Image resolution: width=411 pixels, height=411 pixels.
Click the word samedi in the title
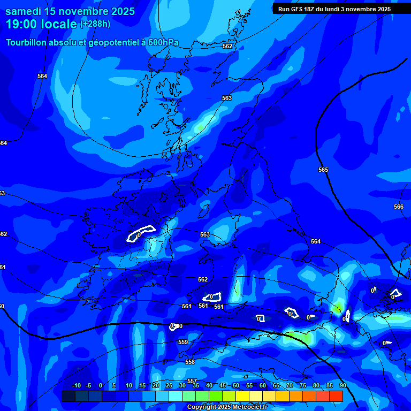tap(24, 11)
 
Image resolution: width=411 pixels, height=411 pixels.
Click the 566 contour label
tap(399, 207)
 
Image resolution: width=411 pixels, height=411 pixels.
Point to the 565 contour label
tap(323, 170)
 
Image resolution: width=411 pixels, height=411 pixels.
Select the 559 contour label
tap(183, 342)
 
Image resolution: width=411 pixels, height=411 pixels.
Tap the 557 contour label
tap(192, 366)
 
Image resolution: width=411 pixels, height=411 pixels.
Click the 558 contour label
tap(190, 362)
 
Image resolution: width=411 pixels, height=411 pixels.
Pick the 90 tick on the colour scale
tap(342, 385)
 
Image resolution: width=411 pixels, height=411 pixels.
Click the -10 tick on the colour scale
tap(76, 385)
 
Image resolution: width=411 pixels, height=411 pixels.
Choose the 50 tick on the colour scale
tap(236, 385)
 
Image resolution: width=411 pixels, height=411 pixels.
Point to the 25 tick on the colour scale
tap(169, 385)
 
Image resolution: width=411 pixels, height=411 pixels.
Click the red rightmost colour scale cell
tap(336, 396)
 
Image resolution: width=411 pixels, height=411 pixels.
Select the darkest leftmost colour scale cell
tap(68, 396)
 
